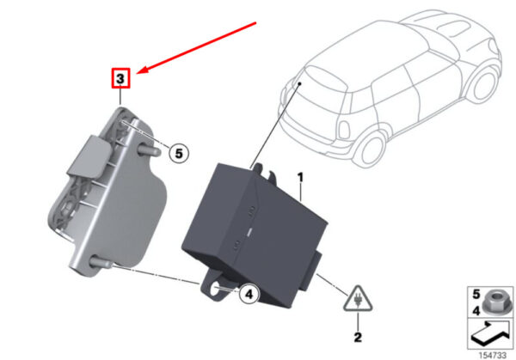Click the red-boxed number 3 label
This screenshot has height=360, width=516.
tap(120, 78)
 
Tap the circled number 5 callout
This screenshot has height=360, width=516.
tap(179, 153)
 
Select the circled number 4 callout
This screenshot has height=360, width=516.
tap(249, 294)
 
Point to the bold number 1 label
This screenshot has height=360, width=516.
tap(300, 178)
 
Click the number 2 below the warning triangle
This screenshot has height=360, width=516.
tap(358, 338)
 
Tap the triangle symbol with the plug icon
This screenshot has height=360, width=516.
tap(358, 299)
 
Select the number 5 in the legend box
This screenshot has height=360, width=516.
tap(476, 294)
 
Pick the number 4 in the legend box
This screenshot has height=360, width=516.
tap(476, 310)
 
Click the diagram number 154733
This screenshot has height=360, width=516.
tap(492, 355)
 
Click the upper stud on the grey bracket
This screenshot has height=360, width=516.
tap(150, 149)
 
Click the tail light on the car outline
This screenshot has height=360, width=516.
tap(343, 130)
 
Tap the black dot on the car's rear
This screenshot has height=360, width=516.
tap(300, 84)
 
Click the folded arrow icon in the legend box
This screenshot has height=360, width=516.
tap(490, 333)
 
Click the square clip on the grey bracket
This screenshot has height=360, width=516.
tap(89, 156)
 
